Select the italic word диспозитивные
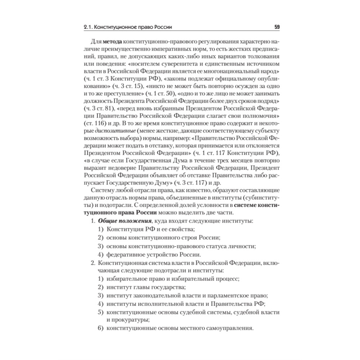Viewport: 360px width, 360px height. [x=110, y=131]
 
